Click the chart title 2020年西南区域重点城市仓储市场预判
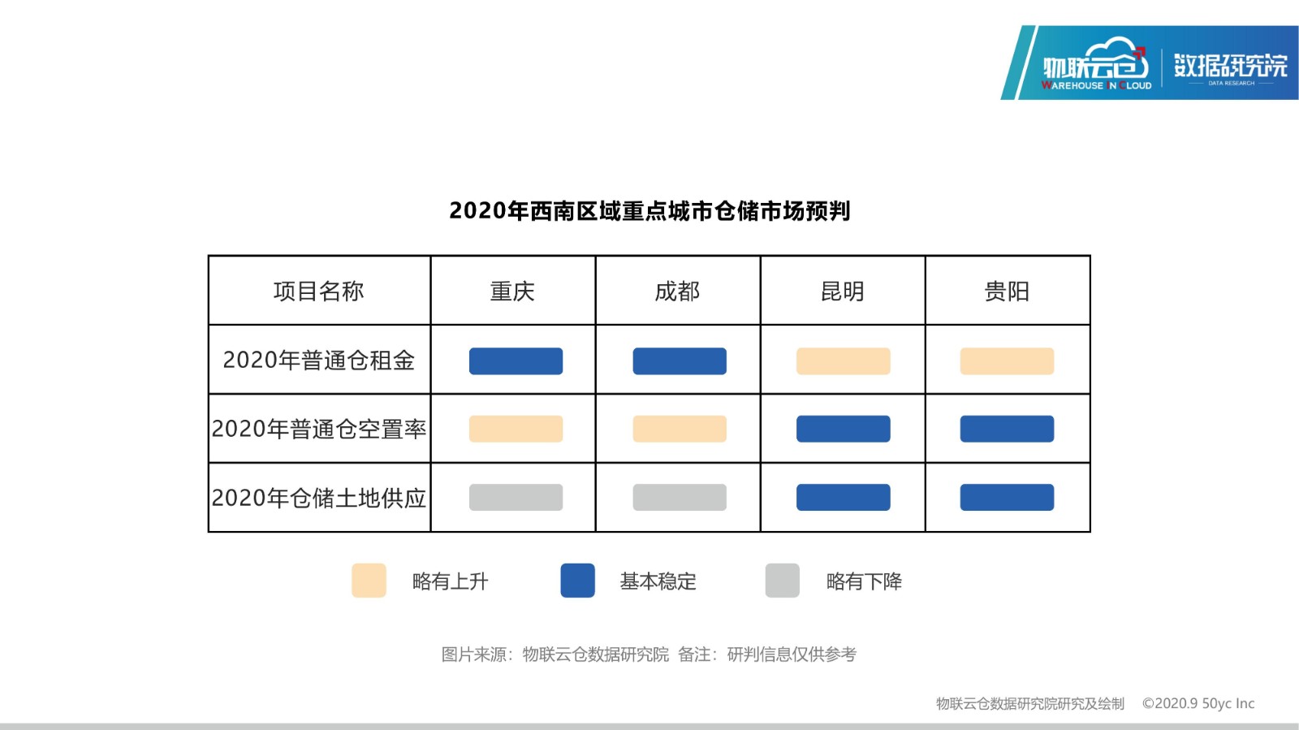click(649, 211)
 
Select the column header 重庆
click(512, 291)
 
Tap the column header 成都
click(677, 291)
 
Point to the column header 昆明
click(842, 291)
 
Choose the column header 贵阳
click(1007, 291)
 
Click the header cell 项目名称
click(319, 291)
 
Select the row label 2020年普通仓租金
click(319, 360)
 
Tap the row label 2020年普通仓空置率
click(319, 429)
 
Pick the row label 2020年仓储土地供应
click(319, 498)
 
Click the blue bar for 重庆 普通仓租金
click(516, 361)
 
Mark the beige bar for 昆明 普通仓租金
click(844, 361)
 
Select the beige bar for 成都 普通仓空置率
click(680, 429)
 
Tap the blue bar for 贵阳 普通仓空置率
click(1007, 429)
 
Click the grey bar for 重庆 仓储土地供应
click(516, 497)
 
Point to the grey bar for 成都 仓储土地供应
click(680, 497)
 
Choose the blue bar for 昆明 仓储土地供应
click(844, 497)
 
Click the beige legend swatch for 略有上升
click(369, 580)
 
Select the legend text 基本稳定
click(658, 581)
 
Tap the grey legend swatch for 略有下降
click(783, 580)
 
